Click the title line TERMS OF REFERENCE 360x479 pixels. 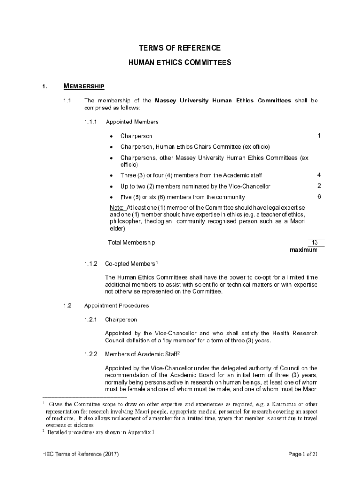(180, 48)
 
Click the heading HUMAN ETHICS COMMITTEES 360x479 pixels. (180, 62)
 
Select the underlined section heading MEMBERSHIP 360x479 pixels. (84, 86)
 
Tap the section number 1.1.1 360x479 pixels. (91, 122)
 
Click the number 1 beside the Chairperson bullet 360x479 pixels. (318, 136)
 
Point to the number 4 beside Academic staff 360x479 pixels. (318, 175)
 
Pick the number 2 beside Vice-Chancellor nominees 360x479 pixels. (318, 186)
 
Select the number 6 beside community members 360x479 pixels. (318, 197)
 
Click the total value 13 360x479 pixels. (315, 242)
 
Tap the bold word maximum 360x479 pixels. (303, 250)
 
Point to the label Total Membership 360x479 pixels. (131, 243)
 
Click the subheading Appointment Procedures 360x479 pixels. (116, 306)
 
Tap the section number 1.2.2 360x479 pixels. (91, 354)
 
